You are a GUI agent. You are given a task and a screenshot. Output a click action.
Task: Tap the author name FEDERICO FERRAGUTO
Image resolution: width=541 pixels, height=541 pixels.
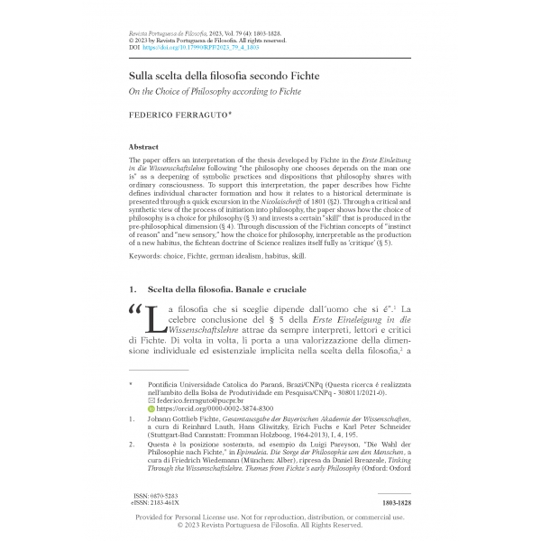click(174, 116)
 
